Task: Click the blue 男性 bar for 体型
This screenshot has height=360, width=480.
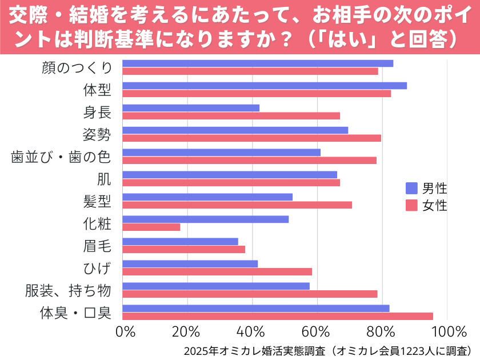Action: click(265, 86)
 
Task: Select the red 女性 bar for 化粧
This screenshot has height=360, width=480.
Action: click(151, 227)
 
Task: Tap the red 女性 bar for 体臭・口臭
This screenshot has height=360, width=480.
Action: click(278, 316)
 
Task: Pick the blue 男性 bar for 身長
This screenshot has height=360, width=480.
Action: click(191, 108)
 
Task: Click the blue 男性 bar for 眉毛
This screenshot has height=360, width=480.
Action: click(181, 242)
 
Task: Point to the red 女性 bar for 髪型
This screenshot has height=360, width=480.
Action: click(237, 205)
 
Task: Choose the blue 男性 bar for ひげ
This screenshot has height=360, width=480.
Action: click(190, 264)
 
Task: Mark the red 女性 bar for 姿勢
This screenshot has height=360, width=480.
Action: click(251, 138)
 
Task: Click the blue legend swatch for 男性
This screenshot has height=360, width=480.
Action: click(411, 188)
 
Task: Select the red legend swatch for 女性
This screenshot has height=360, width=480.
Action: click(411, 205)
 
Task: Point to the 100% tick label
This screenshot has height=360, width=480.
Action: click(449, 332)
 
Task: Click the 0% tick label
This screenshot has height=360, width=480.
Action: click(125, 332)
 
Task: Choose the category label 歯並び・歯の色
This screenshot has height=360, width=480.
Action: click(61, 157)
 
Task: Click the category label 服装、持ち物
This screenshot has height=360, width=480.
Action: click(68, 290)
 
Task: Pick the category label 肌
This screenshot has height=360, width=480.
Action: click(104, 179)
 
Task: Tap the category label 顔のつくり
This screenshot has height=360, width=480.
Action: click(77, 67)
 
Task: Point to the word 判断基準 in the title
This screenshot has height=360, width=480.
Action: click(114, 39)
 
